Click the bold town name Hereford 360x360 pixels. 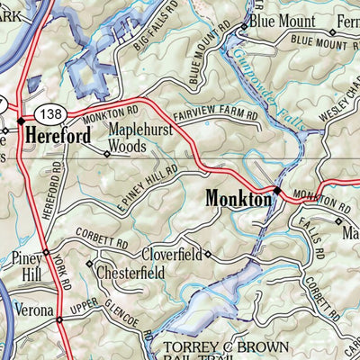[x=58, y=136]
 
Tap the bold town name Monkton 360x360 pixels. [x=238, y=199]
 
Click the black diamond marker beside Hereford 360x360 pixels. [x=20, y=120]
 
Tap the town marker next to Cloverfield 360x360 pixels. [x=207, y=254]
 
